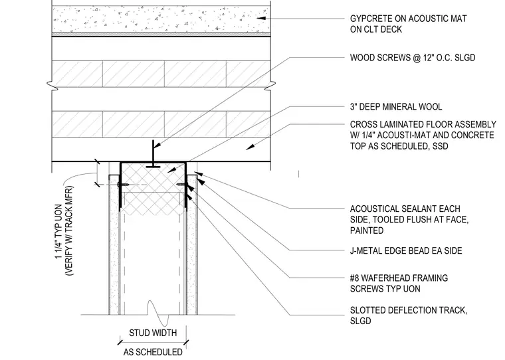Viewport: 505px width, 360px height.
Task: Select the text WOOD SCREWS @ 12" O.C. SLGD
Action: (x=413, y=58)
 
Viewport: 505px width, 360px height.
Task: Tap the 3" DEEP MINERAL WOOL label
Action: (x=396, y=107)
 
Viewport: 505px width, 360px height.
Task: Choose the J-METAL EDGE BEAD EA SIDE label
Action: (x=406, y=250)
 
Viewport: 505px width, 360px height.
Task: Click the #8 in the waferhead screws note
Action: (x=355, y=278)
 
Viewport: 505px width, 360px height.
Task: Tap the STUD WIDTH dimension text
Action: (x=153, y=333)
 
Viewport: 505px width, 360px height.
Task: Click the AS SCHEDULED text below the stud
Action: (x=153, y=352)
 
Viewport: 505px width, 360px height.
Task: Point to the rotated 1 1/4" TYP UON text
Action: (x=58, y=231)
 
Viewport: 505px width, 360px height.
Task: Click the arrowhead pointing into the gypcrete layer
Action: (x=261, y=19)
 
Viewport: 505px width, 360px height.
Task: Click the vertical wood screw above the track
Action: (x=153, y=154)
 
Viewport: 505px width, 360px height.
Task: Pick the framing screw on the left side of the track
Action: (x=124, y=185)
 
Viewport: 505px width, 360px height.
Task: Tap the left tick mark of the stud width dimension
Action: (x=120, y=342)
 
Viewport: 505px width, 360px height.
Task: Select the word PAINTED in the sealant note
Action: (x=367, y=230)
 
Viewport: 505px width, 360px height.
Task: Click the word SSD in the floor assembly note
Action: (x=441, y=146)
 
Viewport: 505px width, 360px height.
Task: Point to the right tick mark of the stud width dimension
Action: (x=186, y=342)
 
